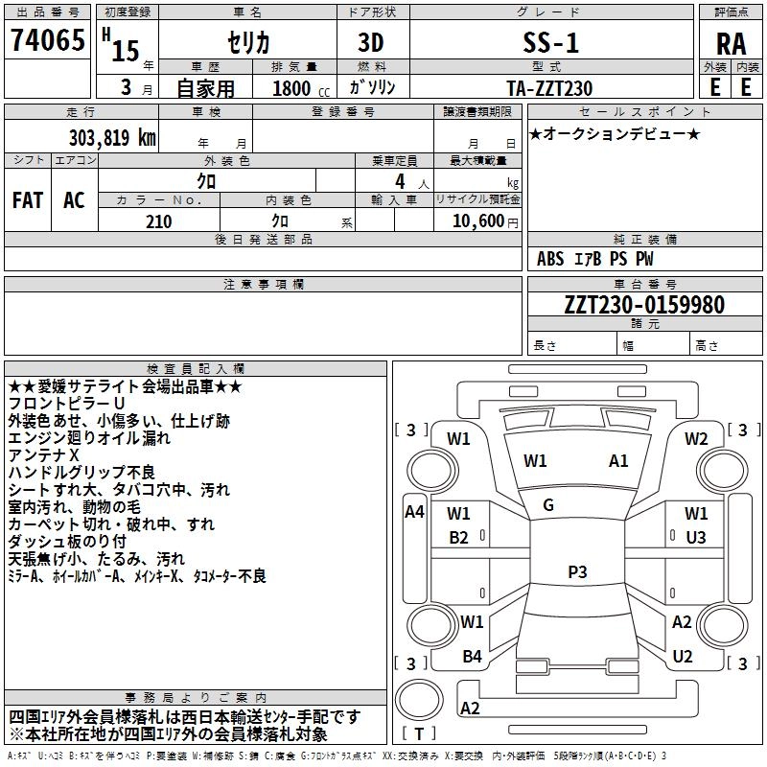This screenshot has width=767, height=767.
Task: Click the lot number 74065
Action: [47, 42]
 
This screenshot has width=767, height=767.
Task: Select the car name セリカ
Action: [248, 43]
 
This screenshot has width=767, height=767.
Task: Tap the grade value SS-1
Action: [550, 43]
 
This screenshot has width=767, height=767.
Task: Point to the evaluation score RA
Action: [731, 44]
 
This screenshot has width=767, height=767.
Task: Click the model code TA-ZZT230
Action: [549, 88]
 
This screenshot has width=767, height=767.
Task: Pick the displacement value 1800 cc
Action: [292, 88]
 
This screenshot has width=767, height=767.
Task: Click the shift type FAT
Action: [27, 200]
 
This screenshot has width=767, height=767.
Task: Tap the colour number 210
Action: [158, 221]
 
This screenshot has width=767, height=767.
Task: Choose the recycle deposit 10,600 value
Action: [476, 221]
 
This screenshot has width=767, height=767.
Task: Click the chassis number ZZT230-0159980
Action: [618, 305]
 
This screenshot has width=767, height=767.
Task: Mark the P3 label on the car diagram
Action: [576, 571]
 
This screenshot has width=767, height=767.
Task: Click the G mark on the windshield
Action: [548, 505]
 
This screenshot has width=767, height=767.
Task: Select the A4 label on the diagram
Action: [414, 512]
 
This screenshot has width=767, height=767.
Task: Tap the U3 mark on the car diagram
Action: [695, 537]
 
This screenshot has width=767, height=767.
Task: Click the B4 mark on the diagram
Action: [472, 657]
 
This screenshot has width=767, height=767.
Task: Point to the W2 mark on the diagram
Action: [696, 439]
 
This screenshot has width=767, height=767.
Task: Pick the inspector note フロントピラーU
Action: [66, 404]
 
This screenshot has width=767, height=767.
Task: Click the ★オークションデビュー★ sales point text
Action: [615, 133]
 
